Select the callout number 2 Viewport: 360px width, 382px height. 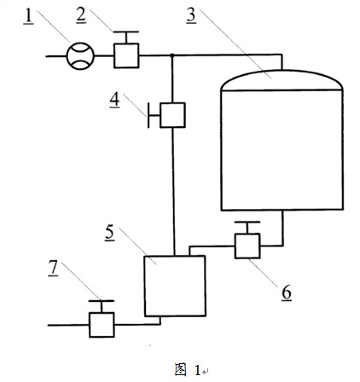click(x=81, y=14)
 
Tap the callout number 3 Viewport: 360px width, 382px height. click(x=191, y=14)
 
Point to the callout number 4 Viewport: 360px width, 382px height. click(x=115, y=100)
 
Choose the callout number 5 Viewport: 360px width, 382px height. click(x=110, y=233)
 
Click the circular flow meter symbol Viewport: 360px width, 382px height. click(x=80, y=56)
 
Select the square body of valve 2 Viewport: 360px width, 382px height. click(x=126, y=55)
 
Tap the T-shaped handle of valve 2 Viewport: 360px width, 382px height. click(x=126, y=38)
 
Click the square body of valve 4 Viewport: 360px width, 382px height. click(x=172, y=115)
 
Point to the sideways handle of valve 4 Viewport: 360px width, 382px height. click(x=154, y=116)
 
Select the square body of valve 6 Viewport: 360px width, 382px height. click(x=247, y=246)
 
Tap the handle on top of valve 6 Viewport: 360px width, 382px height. click(x=247, y=228)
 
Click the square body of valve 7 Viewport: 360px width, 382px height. click(x=102, y=325)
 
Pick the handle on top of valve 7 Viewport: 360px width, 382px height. click(x=102, y=306)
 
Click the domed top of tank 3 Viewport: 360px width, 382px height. click(x=282, y=80)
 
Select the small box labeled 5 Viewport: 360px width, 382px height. click(x=175, y=286)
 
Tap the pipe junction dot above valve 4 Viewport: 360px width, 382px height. click(x=172, y=55)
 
